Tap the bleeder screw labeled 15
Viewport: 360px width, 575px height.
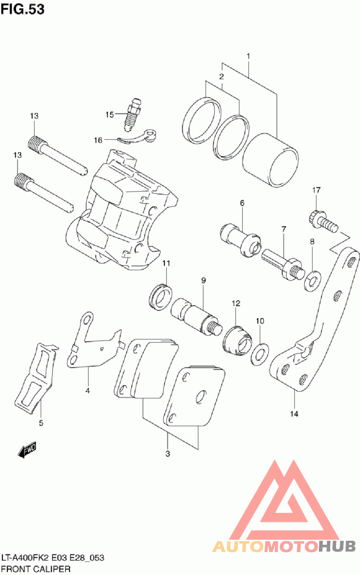tap(133, 115)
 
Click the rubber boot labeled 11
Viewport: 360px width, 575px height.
tap(161, 297)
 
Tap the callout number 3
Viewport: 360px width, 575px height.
tap(167, 453)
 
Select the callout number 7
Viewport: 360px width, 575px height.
tap(284, 230)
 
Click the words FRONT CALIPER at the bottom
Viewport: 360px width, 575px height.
tap(36, 569)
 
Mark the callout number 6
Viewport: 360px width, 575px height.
tap(242, 203)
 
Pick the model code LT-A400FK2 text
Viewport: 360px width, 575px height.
tap(27, 558)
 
